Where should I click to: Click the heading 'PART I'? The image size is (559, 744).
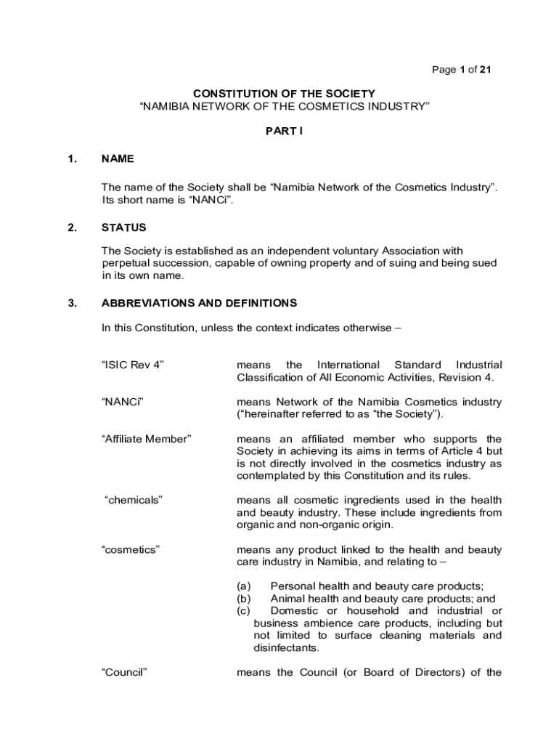[284, 134]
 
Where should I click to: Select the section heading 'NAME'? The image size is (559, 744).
[118, 158]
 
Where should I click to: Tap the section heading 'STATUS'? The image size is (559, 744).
[123, 227]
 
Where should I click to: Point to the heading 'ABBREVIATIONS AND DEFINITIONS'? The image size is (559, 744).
[199, 303]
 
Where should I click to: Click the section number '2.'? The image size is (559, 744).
[72, 227]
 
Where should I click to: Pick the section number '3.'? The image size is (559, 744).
[72, 303]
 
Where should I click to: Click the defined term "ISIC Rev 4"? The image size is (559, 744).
[133, 365]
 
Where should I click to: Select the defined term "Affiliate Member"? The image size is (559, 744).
[146, 439]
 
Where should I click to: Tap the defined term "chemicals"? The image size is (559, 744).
[134, 500]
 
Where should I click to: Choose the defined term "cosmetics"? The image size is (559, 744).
[131, 549]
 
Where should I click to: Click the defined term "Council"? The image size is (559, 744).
[124, 672]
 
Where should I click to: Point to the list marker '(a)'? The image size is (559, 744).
[244, 586]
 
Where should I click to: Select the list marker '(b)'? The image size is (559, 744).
[244, 599]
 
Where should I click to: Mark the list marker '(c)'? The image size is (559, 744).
[244, 611]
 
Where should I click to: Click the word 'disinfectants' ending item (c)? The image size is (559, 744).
[286, 647]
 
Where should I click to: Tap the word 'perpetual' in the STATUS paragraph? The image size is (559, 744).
[124, 263]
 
